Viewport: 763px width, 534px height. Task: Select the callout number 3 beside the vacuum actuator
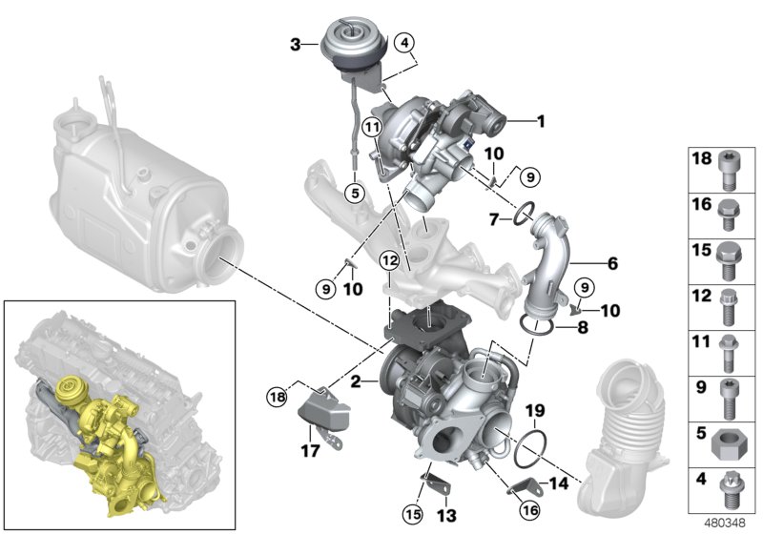[x=296, y=44]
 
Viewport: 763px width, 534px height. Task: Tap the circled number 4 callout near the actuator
[x=404, y=43]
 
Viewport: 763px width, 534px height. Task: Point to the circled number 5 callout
[x=353, y=191]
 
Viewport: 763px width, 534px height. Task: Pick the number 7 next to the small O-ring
[x=494, y=219]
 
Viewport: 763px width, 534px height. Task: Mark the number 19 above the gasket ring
[x=535, y=412]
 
